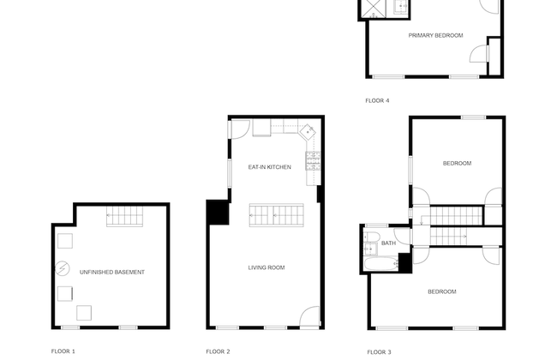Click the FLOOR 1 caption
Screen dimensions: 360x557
(63, 351)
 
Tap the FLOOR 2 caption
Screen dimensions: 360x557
(218, 351)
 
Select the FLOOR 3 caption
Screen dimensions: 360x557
(379, 351)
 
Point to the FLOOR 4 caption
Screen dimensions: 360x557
(377, 100)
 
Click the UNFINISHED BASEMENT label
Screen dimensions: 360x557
(112, 272)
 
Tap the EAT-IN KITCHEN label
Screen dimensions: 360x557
(270, 166)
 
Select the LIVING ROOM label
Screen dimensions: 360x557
(267, 267)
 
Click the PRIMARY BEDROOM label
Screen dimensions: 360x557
(435, 35)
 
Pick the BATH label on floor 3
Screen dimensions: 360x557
(389, 243)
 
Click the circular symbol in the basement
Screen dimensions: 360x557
(62, 268)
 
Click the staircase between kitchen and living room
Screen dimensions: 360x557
(277, 214)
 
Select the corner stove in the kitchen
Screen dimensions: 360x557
(307, 131)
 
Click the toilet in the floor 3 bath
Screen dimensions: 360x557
(372, 236)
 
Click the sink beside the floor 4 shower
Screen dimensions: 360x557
(399, 8)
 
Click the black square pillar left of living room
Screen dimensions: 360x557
(216, 212)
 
